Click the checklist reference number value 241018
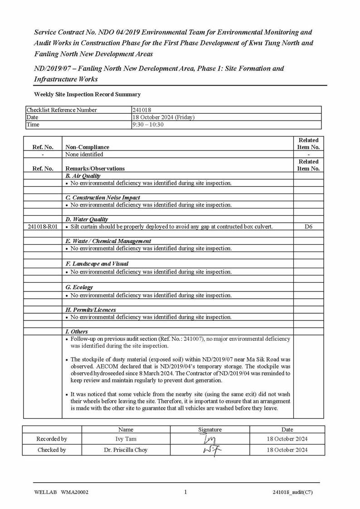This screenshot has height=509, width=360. (142, 110)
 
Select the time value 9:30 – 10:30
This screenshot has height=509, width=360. (148, 125)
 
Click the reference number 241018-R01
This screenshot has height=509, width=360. (43, 227)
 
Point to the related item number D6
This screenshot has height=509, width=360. (308, 227)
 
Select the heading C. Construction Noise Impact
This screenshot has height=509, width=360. (103, 198)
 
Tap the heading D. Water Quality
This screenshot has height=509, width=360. (87, 219)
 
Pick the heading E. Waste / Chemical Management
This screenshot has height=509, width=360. (108, 241)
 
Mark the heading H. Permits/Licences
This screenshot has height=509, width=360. (91, 310)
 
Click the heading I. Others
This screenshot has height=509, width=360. (77, 332)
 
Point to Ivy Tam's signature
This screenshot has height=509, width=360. (210, 439)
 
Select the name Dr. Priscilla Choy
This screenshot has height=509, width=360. (126, 450)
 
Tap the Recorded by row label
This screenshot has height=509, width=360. (52, 439)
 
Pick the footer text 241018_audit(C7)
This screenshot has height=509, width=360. (292, 493)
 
